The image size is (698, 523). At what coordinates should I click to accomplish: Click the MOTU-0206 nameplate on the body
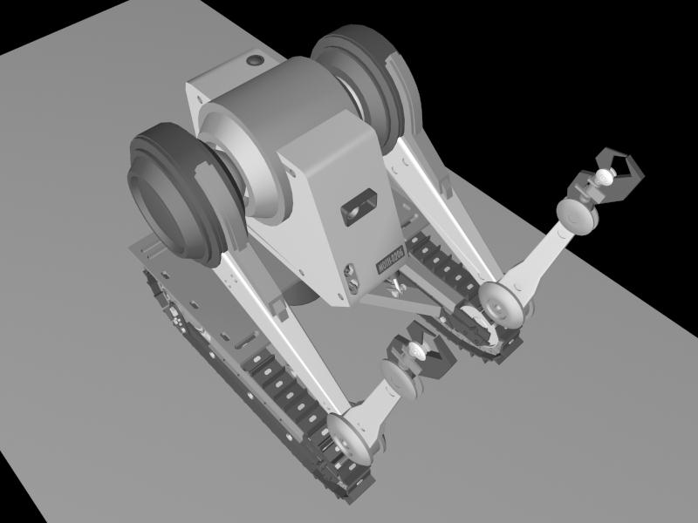385,260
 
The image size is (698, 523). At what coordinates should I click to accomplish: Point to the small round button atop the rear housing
255,61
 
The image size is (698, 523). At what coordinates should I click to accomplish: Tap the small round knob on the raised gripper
603,179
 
